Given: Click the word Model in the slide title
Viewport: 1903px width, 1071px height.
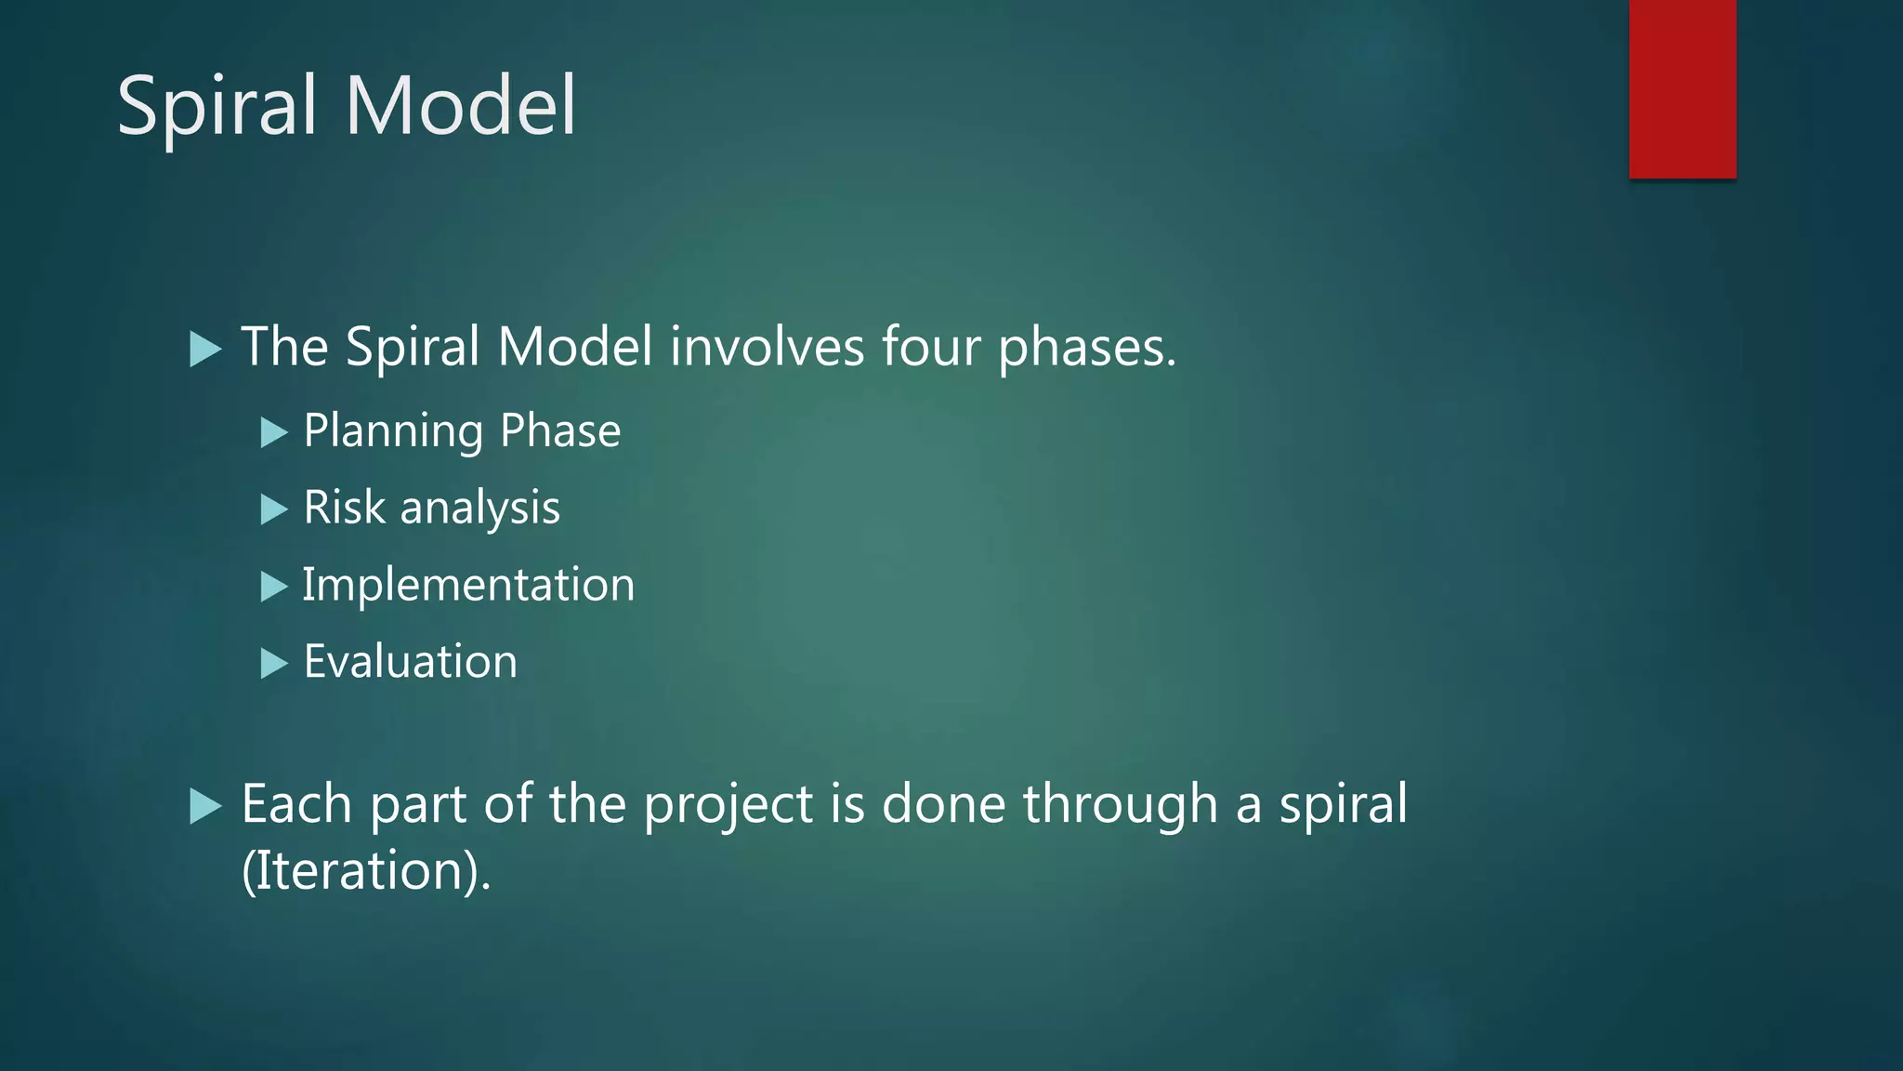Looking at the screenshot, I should point(461,106).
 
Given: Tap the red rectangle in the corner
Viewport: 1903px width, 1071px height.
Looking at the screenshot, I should point(1682,88).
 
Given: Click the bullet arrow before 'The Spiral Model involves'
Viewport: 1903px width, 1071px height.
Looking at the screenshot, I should point(204,350).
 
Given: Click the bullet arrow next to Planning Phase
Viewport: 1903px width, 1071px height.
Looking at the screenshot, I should point(273,432).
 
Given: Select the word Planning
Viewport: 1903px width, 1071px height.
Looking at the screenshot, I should point(393,432).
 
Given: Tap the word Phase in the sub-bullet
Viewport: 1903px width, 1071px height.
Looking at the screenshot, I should point(560,430).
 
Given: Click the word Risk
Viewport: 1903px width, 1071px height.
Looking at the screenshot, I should point(344,508).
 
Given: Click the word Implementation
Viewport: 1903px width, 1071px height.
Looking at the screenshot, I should point(468,586).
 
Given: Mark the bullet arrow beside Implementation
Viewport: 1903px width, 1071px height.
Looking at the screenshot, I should point(273,587).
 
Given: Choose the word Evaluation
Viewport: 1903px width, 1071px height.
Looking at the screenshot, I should point(410,662).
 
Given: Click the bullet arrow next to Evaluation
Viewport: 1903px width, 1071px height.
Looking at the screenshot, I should point(273,664).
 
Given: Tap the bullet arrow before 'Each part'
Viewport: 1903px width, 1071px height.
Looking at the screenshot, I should point(204,806).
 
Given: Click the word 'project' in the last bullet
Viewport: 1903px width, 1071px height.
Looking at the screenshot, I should point(728,805).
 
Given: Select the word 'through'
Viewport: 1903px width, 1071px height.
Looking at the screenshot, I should point(1120,805).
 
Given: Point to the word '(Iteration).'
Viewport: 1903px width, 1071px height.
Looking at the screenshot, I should point(366,871).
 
